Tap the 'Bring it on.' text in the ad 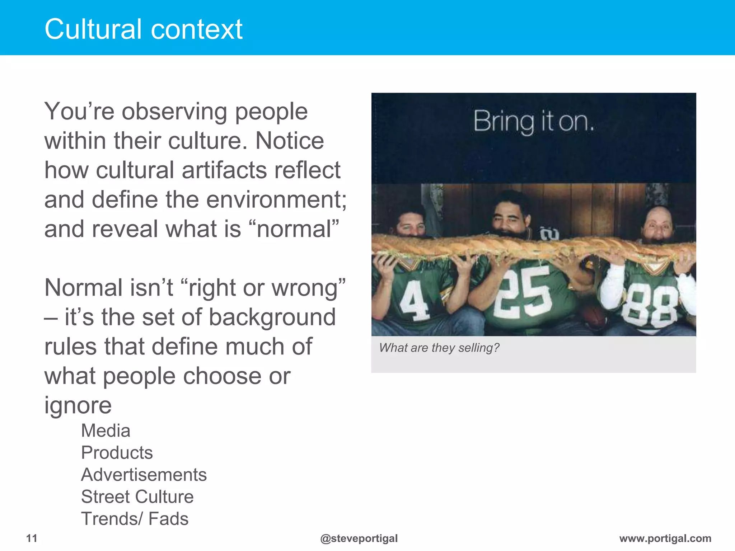point(534,122)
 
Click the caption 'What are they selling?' point(439,348)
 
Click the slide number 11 point(32,538)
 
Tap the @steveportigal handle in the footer point(359,538)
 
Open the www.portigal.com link point(665,538)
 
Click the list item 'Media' point(106,430)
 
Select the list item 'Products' point(117,452)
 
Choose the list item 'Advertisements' point(144,475)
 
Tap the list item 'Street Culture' point(137,497)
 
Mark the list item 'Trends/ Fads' point(135,519)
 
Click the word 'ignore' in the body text point(78,405)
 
